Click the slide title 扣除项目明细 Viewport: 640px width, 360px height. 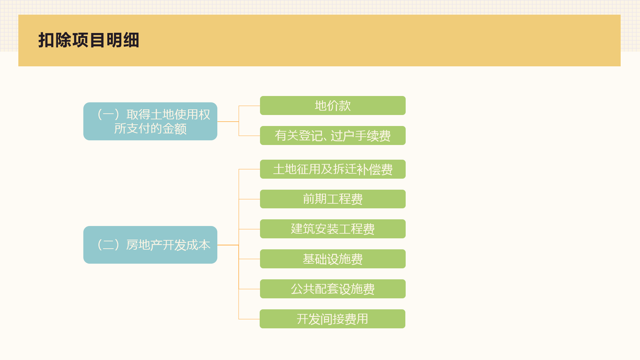[x=89, y=40]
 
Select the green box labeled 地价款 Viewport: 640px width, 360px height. [x=333, y=106]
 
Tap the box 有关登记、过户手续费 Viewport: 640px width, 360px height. [x=333, y=136]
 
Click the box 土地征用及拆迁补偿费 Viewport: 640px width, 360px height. [x=333, y=169]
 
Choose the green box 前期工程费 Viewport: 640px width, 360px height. [x=333, y=199]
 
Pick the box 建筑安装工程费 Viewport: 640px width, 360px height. [x=333, y=229]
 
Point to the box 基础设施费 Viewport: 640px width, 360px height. [x=333, y=259]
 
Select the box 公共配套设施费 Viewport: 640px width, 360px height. [x=333, y=289]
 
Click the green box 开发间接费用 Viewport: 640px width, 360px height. [x=332, y=319]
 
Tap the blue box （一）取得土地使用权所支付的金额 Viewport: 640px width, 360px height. [x=150, y=121]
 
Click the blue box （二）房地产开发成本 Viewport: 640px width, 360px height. [x=150, y=245]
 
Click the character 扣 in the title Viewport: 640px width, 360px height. [x=46, y=40]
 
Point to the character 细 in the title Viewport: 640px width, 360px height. [x=131, y=40]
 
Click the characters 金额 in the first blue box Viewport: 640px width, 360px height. [x=174, y=129]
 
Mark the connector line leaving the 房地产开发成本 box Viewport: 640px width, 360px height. [x=228, y=245]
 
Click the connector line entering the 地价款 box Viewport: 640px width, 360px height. [x=249, y=106]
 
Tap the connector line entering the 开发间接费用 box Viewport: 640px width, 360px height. [x=249, y=319]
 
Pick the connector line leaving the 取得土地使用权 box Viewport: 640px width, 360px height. [x=228, y=121]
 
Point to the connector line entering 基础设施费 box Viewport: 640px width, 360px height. [x=249, y=259]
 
